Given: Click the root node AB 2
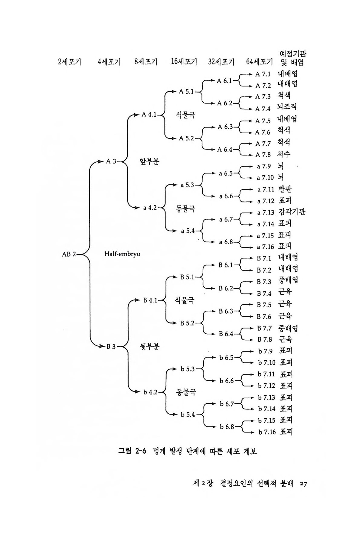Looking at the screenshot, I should click(69, 254).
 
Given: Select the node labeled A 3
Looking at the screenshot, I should click(111, 161).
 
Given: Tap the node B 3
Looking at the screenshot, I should click(111, 347).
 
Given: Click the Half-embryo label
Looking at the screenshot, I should click(122, 254).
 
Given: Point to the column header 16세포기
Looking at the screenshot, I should click(184, 62).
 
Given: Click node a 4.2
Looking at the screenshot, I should click(150, 208).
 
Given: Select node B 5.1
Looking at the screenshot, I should click(187, 277).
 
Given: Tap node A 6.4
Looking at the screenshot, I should click(225, 150).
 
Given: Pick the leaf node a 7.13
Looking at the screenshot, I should click(265, 213).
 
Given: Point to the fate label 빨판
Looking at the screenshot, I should click(285, 189).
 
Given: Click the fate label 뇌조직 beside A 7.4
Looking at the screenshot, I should click(287, 107).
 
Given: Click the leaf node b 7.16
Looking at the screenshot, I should click(267, 432).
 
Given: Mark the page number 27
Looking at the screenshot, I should click(303, 484).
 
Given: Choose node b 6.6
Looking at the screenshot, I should click(227, 381).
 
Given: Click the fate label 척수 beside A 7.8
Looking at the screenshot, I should click(284, 154).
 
